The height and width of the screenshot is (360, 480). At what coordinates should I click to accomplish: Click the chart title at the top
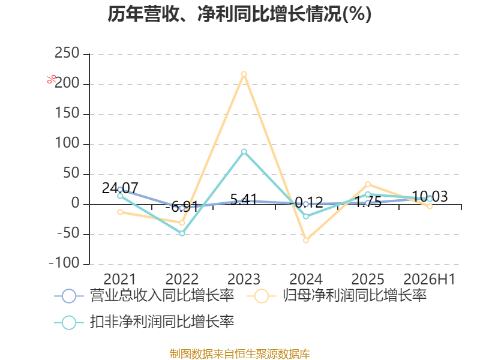pos(239,14)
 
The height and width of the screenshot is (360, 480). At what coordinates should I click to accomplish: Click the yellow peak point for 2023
pos(244,74)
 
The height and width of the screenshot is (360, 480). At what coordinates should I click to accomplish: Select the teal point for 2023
pos(244,152)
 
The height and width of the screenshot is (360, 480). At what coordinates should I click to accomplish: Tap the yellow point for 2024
pos(306,241)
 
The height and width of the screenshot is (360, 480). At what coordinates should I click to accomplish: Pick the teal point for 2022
pos(182,233)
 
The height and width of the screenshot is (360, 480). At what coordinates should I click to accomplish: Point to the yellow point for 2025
pos(368,184)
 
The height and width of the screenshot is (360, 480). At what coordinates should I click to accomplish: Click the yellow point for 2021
pos(120,212)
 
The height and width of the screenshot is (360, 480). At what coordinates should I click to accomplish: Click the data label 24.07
pos(120,188)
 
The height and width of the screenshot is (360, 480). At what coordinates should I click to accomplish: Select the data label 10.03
pos(430,196)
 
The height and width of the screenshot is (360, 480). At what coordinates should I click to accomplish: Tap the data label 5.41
pos(244,200)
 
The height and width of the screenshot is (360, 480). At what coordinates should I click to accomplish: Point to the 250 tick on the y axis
pos(67,53)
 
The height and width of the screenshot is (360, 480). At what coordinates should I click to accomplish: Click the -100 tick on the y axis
pos(64,263)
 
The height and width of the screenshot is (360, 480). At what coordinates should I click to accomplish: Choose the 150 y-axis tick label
pos(67,113)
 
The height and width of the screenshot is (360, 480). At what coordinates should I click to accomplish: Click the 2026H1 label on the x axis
pos(430,279)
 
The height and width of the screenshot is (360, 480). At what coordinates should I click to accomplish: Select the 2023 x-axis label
pos(244,279)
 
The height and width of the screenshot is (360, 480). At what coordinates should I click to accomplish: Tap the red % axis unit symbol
pos(52,79)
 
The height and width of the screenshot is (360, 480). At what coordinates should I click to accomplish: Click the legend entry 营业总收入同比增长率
pos(144,296)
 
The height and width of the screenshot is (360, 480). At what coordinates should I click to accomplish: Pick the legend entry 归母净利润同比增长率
pos(337,296)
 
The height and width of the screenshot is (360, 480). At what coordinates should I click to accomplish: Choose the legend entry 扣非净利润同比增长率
pos(144,322)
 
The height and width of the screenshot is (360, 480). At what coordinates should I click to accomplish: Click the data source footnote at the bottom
pos(239,354)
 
